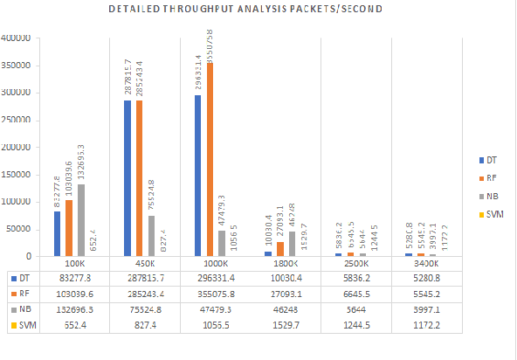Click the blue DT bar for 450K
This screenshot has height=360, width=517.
point(128,178)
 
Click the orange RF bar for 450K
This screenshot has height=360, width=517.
point(140,179)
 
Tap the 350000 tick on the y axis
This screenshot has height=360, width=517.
point(17,66)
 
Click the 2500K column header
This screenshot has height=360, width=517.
point(355,262)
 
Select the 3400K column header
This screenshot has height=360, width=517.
point(425,262)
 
